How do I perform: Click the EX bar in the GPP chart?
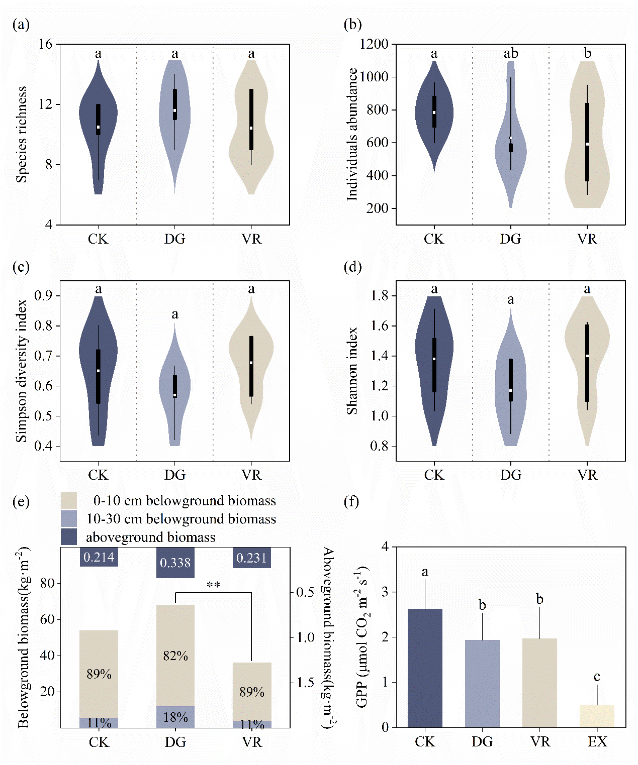(x=597, y=716)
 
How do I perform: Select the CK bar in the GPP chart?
(x=425, y=668)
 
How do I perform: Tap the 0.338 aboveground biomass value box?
(x=175, y=563)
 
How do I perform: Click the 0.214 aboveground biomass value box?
(x=99, y=557)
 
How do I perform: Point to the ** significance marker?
(x=213, y=585)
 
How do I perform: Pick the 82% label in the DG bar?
(x=175, y=655)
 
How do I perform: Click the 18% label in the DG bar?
(x=175, y=717)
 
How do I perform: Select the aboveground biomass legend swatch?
(x=69, y=536)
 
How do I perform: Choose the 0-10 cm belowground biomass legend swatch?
(x=69, y=500)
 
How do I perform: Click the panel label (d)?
(x=352, y=267)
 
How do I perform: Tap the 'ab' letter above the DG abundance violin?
(x=511, y=53)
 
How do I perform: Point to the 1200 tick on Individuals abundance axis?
(x=374, y=44)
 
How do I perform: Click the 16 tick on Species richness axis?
(x=45, y=44)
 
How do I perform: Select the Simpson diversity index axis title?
(x=21, y=371)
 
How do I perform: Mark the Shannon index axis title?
(x=352, y=371)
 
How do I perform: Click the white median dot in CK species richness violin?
(x=99, y=127)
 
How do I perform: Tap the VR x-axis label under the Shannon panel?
(x=587, y=475)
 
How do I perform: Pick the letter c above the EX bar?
(x=597, y=677)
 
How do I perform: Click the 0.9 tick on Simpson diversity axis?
(x=44, y=295)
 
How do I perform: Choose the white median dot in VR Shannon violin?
(x=587, y=356)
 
